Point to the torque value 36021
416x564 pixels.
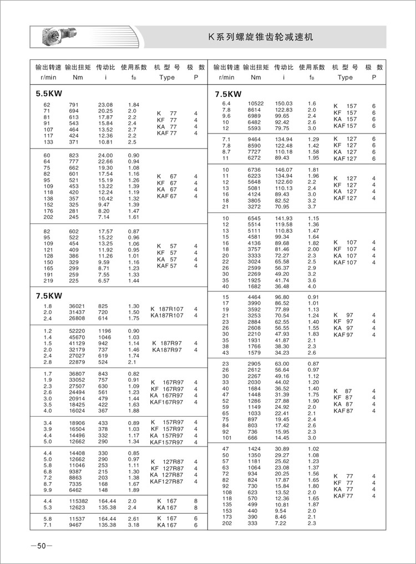(x=76, y=306)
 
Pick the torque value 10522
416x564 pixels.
(x=256, y=104)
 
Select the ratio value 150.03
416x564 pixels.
(x=283, y=104)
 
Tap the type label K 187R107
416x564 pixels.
(x=167, y=309)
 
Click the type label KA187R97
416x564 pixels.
(x=167, y=350)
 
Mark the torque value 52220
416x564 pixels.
(x=76, y=331)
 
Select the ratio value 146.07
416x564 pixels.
(x=283, y=169)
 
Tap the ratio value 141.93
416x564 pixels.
(x=283, y=218)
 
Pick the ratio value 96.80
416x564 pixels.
(x=283, y=297)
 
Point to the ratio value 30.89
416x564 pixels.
(x=283, y=448)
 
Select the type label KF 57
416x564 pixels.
(x=166, y=253)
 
